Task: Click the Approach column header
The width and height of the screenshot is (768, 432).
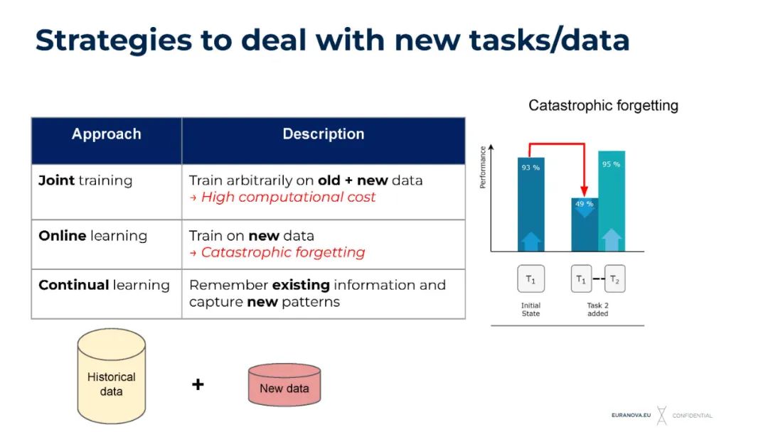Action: coord(107,134)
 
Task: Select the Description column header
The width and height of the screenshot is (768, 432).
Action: coord(324,134)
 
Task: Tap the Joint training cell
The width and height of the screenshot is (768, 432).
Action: coord(85,180)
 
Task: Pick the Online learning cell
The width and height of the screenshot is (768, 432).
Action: coord(93,236)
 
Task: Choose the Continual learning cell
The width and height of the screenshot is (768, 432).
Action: coord(105,285)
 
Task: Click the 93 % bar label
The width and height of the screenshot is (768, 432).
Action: coord(530,168)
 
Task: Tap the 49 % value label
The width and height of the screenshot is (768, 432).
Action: coord(585,204)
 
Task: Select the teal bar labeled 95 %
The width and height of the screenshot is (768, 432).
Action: coord(611,199)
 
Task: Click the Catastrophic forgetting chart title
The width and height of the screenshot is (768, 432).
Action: coord(603,106)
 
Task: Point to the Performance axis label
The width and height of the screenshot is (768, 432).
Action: coord(484,167)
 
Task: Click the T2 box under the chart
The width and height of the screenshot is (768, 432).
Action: coord(615,279)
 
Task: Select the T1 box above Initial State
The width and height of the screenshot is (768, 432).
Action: coord(530,279)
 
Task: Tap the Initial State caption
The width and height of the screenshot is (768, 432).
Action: coord(530,309)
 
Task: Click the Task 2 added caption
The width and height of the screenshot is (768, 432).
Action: coord(598,309)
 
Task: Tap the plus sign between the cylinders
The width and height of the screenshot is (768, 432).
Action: coord(198,384)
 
